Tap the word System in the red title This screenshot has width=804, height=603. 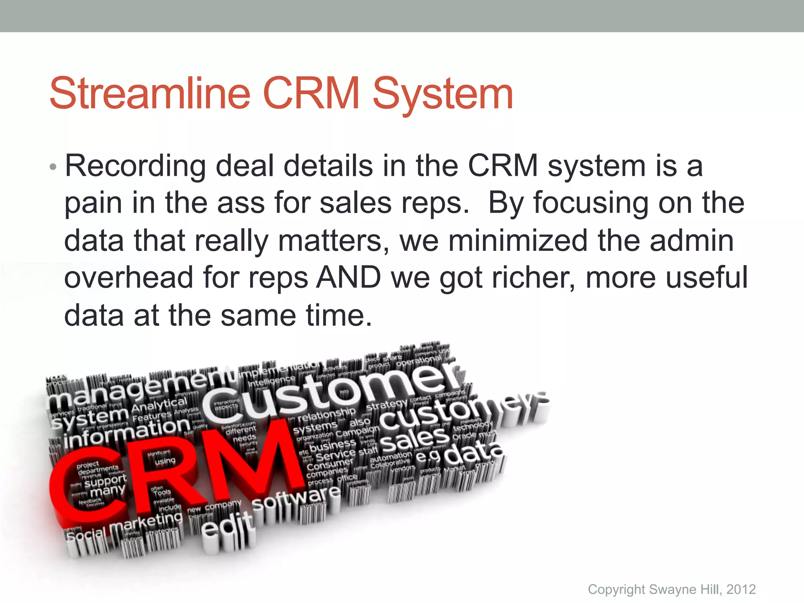pos(443,94)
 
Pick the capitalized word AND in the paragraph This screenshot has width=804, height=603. pos(349,277)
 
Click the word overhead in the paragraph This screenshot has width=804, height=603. pos(129,277)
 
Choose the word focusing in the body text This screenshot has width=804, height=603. pos(591,203)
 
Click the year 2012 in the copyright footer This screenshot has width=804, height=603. pos(741,589)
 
